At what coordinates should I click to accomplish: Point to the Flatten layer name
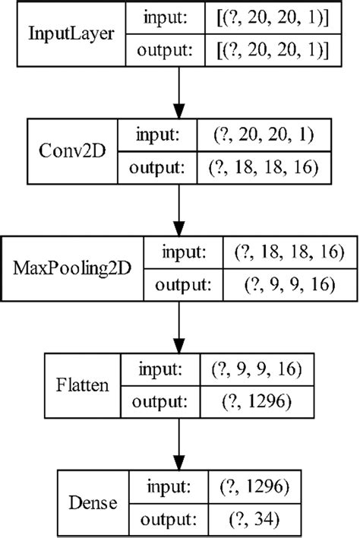point(81,385)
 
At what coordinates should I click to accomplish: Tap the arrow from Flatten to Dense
point(180,443)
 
